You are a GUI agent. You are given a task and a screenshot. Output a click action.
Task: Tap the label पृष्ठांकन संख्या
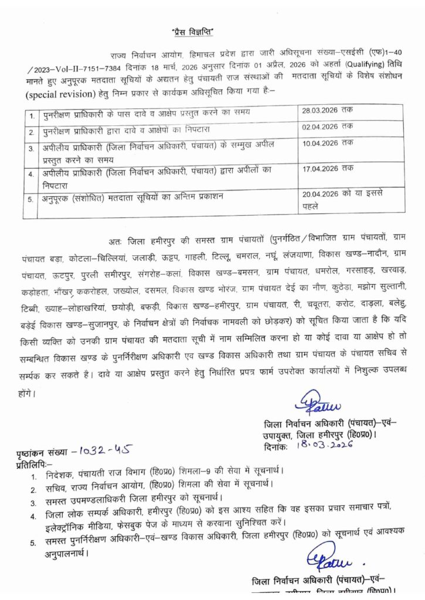point(43,452)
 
